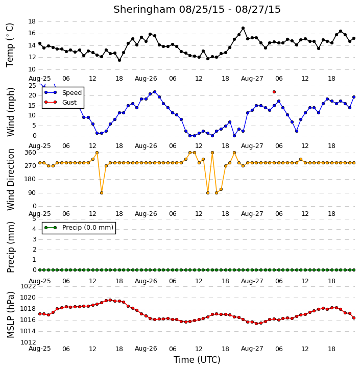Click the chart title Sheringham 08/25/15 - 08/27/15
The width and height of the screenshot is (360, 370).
point(197,10)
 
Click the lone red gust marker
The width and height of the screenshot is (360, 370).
point(274,92)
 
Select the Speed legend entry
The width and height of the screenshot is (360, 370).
point(63,93)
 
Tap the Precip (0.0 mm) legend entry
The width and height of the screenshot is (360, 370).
point(79,228)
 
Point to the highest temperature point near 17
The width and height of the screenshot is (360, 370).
point(243,28)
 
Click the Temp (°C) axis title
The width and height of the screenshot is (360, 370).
point(10,45)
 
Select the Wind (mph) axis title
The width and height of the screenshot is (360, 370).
point(11,112)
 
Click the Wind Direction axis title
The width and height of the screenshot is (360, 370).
point(11,180)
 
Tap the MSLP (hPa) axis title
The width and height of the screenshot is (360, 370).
point(11,315)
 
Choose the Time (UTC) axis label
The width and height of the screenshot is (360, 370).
point(197,360)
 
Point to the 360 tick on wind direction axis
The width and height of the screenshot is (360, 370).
point(31,153)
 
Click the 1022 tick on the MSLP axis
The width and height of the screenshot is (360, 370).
point(28,286)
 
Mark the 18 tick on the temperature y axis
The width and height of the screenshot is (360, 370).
point(32,21)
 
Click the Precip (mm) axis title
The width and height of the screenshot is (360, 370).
point(11,247)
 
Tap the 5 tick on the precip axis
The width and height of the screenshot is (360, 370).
point(34,219)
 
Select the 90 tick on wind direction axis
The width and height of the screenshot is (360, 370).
point(32,193)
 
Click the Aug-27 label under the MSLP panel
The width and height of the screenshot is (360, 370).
point(252,349)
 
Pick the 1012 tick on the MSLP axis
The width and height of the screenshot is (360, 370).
point(28,342)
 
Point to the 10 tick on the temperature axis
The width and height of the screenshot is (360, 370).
point(32,69)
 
